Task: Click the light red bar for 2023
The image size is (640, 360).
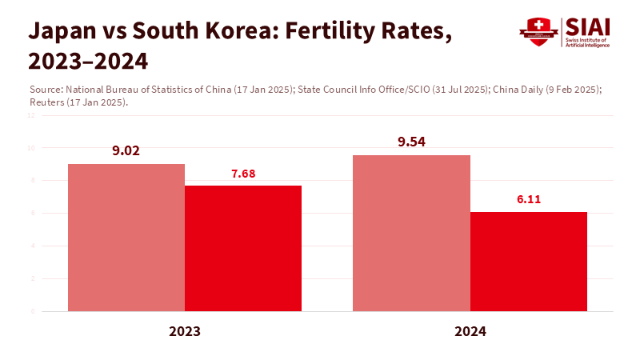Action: (126, 238)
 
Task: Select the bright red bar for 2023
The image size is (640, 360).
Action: (243, 248)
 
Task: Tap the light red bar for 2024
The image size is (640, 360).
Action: (411, 233)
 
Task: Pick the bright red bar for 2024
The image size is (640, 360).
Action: (529, 262)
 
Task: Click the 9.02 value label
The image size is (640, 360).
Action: (126, 150)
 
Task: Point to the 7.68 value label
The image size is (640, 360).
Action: (243, 173)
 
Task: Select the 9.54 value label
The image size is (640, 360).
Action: (411, 142)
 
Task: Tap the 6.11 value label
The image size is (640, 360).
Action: (529, 199)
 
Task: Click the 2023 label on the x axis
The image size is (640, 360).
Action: (185, 330)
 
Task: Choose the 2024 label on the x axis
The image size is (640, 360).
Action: (470, 330)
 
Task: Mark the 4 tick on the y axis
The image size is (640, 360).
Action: (33, 246)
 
